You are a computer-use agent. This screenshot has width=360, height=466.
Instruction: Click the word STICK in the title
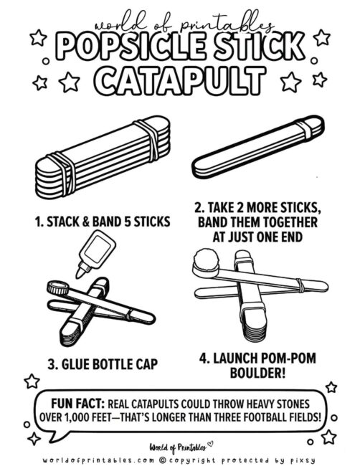coord(259,47)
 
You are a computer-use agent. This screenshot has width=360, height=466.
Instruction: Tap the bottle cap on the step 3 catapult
coord(56,289)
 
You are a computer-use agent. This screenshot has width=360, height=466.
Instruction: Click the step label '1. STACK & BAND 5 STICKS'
coord(103,222)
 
